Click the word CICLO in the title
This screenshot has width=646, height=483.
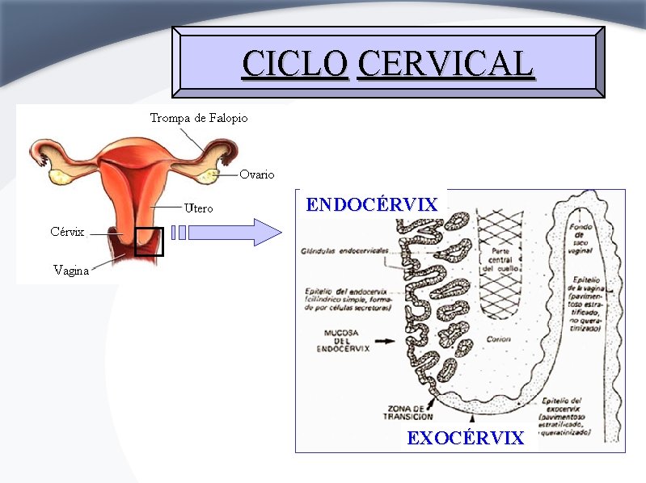pyautogui.click(x=295, y=64)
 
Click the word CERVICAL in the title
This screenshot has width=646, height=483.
pyautogui.click(x=445, y=64)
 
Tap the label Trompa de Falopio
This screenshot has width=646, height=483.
pyautogui.click(x=199, y=118)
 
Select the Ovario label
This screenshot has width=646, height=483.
pyautogui.click(x=257, y=174)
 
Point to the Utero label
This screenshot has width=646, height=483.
pyautogui.click(x=198, y=208)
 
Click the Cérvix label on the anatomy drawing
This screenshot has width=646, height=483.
pyautogui.click(x=67, y=232)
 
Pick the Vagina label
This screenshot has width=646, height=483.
pyautogui.click(x=71, y=271)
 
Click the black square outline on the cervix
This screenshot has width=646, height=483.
pyautogui.click(x=149, y=241)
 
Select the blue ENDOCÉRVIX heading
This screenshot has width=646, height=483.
pyautogui.click(x=372, y=204)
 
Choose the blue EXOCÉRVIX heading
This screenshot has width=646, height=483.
pyautogui.click(x=465, y=438)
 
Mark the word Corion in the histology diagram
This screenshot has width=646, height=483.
pyautogui.click(x=499, y=339)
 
